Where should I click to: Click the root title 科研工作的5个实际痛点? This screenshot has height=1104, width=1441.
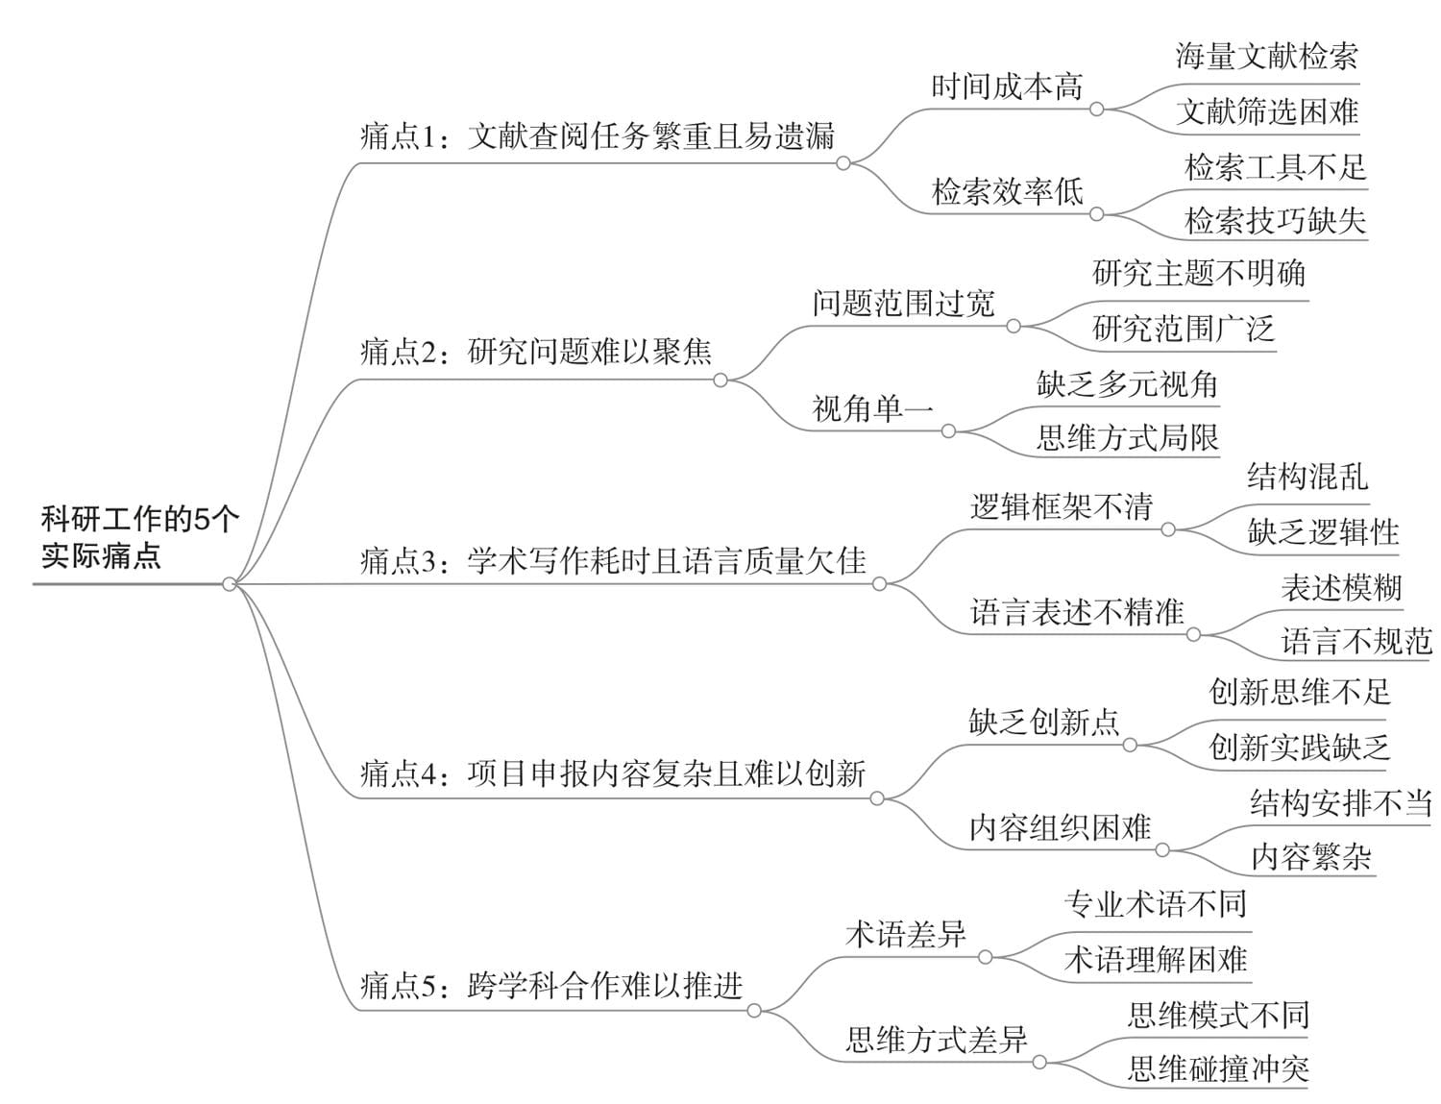coord(140,538)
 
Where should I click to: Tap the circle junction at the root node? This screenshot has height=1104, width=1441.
coord(230,584)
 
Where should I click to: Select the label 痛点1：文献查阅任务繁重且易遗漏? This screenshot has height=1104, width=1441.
coord(597,136)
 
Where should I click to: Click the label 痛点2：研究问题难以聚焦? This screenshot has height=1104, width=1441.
coord(536,352)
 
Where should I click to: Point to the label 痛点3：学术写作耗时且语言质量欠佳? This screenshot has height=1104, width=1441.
coord(614,561)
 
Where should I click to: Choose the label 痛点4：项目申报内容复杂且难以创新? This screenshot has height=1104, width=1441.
coord(614,773)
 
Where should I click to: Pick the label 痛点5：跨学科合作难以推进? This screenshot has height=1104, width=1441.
coord(551,986)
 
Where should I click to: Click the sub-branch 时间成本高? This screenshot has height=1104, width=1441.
coord(1008,86)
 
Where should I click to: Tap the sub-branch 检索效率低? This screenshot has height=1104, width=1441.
coord(1008,191)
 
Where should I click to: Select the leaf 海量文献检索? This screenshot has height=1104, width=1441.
coord(1267,57)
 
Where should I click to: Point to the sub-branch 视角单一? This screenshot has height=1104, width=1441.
coord(872,408)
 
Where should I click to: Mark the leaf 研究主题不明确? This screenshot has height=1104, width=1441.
coord(1199,274)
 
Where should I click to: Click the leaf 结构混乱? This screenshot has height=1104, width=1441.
coord(1307,477)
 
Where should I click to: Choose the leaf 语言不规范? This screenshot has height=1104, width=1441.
coord(1356,642)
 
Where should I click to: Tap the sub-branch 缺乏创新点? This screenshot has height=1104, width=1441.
coord(1044,723)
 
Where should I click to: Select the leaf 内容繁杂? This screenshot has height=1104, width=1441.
coord(1311,857)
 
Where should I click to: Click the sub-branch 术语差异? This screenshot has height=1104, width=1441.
coord(906,935)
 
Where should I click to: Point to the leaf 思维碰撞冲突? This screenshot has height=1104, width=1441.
coord(1219,1068)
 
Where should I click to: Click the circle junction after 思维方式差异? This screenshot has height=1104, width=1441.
coord(1039,1063)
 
